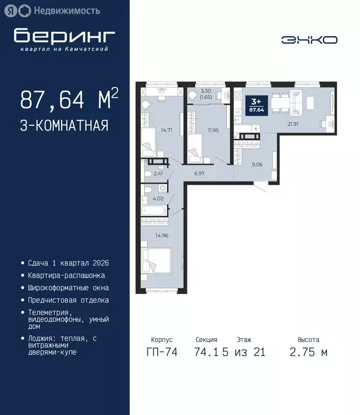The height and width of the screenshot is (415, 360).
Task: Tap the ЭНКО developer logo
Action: tap(309, 40)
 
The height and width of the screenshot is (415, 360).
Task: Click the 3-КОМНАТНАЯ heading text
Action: tap(64, 125)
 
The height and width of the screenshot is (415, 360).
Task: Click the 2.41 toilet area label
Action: tap(158, 173)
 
